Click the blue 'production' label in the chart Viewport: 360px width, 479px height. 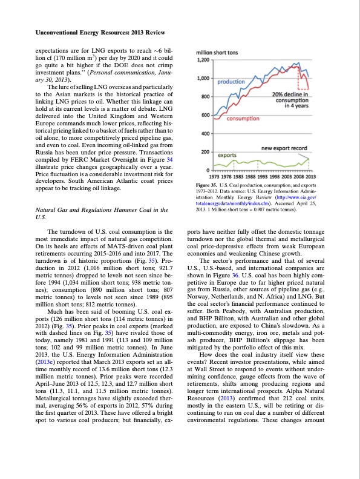tap(231, 81)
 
